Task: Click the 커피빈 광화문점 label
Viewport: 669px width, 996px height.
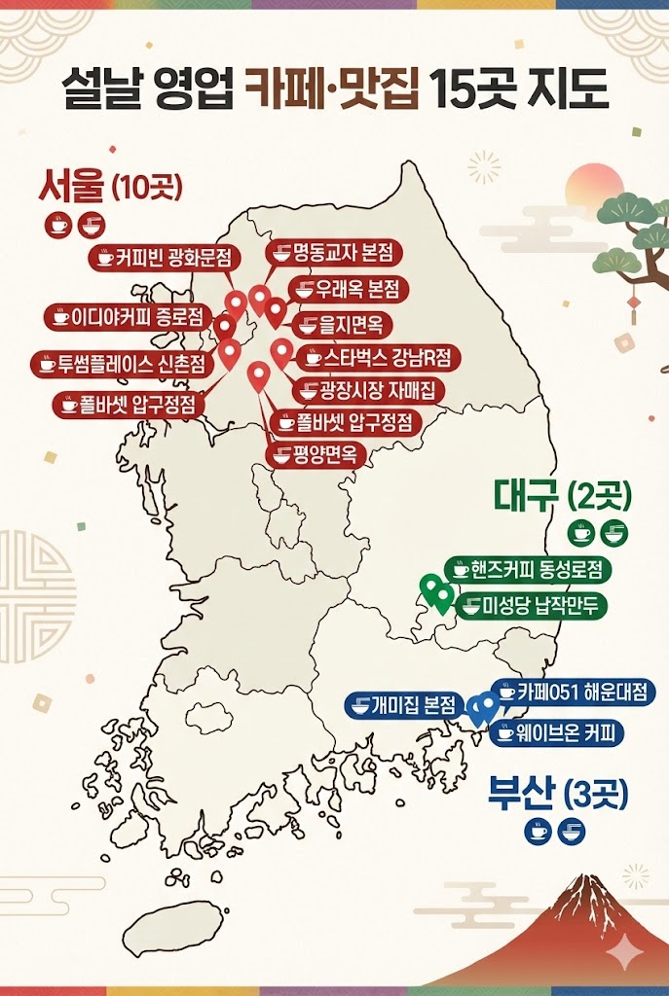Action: pos(164,258)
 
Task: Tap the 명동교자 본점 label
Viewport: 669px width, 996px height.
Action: pos(334,254)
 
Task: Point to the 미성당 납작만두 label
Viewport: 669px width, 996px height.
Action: pos(530,605)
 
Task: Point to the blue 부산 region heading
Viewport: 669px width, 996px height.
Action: pos(521,793)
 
